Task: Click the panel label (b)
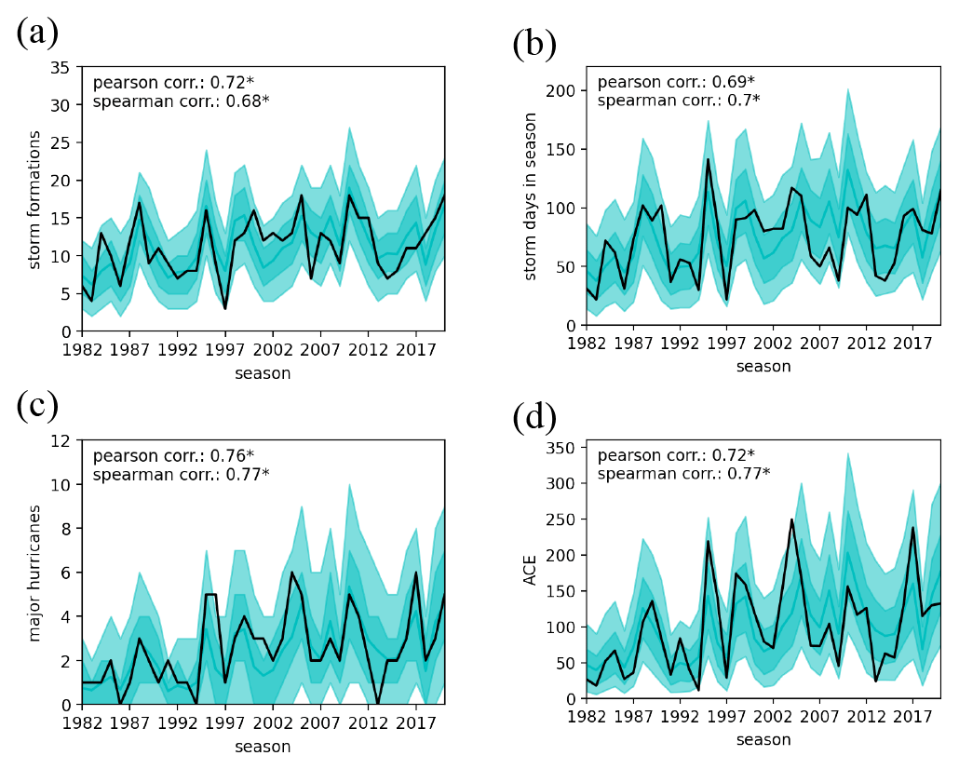pos(534,44)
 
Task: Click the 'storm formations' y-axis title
pos(35,200)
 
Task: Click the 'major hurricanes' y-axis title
pos(35,572)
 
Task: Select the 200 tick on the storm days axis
pos(561,90)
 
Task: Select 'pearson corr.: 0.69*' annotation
pos(676,82)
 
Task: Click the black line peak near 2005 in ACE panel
pos(792,519)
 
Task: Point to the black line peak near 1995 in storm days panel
pos(708,159)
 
